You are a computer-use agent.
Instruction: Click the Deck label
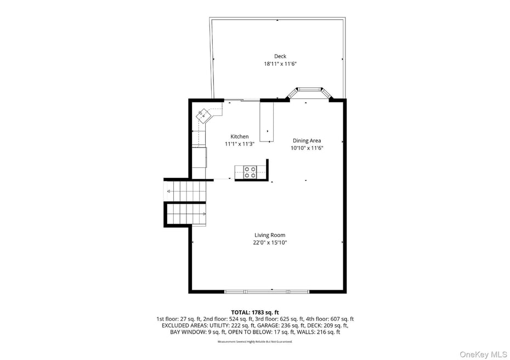(280, 56)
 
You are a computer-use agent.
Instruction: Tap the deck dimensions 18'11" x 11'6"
(280, 64)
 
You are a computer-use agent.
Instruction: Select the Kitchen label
(239, 137)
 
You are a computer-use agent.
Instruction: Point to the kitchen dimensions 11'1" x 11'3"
(239, 144)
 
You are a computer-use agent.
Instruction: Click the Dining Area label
(307, 140)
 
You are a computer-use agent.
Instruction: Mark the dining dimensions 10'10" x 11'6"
(307, 148)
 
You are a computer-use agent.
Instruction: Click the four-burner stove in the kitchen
(250, 172)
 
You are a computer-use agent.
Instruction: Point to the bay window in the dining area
(310, 91)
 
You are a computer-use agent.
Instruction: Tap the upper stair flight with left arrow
(185, 191)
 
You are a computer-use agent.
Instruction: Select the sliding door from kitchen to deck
(241, 100)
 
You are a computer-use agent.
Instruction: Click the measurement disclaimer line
(254, 341)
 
